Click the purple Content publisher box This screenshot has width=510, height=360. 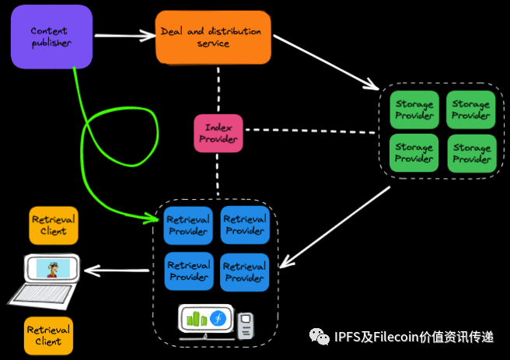coord(51,37)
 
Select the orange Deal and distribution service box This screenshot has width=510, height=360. coord(213,37)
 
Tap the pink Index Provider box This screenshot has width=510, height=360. coord(218,133)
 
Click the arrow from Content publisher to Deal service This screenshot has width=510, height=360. coord(124,34)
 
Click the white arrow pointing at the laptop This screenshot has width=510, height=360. coord(117,271)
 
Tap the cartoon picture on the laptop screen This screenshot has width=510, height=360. coord(53,269)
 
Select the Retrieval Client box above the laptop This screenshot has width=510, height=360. coord(53,225)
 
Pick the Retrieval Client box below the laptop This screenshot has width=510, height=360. coord(48,335)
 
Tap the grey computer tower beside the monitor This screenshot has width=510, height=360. coord(246,326)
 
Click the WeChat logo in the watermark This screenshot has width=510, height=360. coord(319,336)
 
